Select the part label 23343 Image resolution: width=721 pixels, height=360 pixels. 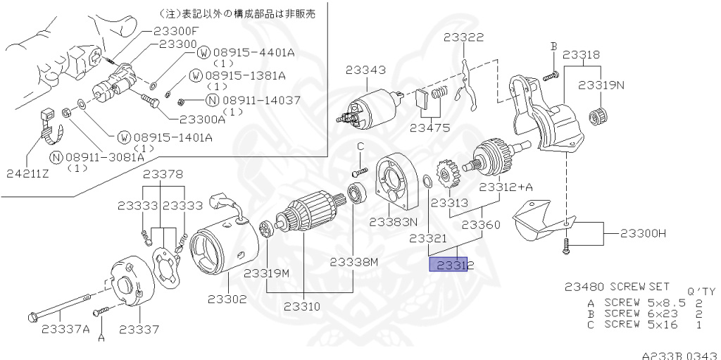(365, 70)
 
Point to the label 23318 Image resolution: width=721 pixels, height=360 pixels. (581, 54)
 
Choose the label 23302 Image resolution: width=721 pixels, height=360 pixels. (227, 299)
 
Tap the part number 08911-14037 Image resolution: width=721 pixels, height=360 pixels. (260, 100)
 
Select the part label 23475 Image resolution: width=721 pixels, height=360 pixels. (430, 128)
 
